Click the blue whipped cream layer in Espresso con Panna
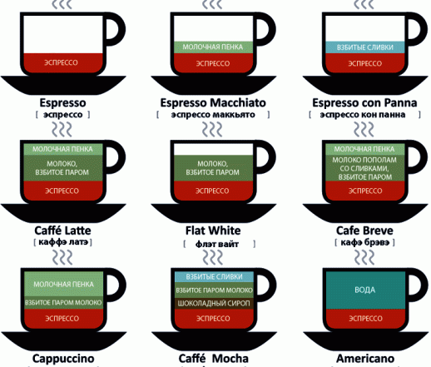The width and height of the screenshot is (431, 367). click(x=365, y=47)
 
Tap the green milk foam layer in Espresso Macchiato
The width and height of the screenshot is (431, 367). click(x=213, y=47)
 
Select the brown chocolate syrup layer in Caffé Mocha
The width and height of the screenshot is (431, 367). click(x=214, y=304)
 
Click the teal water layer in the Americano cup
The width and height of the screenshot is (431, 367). click(x=365, y=290)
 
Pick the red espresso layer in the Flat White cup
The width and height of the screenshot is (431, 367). click(x=213, y=191)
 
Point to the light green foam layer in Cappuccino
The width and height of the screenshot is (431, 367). click(x=63, y=284)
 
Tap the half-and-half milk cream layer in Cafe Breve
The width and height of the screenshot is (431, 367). click(x=365, y=168)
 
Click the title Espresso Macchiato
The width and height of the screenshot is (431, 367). click(x=213, y=103)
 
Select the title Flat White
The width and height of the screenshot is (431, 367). click(x=213, y=231)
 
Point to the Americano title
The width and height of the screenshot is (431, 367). click(x=365, y=359)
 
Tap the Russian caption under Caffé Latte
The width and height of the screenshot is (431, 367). click(x=63, y=242)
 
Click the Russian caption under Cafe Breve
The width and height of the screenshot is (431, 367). click(x=365, y=242)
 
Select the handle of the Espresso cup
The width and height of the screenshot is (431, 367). click(x=116, y=29)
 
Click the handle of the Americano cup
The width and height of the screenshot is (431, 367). click(x=419, y=285)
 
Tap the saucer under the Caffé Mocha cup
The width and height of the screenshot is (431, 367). click(x=214, y=340)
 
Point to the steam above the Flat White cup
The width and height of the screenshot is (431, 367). click(x=212, y=130)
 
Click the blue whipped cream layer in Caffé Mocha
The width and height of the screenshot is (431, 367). click(x=214, y=277)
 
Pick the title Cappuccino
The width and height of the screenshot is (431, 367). click(x=63, y=359)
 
